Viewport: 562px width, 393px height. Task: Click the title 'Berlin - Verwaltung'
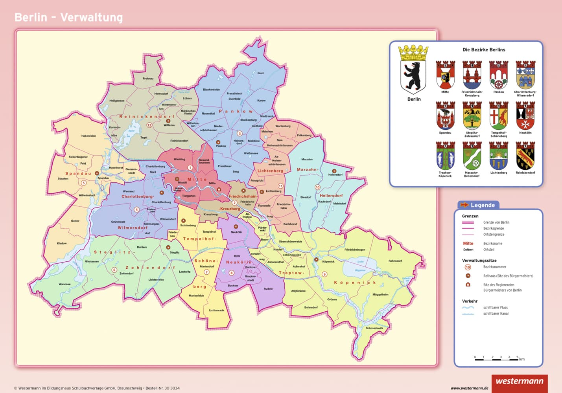point(68,18)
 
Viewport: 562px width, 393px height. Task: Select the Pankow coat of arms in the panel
point(498,75)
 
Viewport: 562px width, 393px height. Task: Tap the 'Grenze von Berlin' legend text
point(496,222)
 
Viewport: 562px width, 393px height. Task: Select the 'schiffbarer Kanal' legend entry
point(495,314)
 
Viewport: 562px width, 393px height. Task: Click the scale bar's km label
point(521,359)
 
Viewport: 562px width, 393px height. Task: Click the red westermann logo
point(519,382)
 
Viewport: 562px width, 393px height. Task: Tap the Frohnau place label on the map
point(148,79)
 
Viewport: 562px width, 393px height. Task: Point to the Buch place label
point(261,73)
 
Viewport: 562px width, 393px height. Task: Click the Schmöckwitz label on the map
point(374,328)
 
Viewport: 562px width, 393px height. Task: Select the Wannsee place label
point(64,284)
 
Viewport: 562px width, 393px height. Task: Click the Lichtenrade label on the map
point(216,310)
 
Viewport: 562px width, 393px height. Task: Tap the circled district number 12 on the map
point(149,125)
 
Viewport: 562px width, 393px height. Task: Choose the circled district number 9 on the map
point(324,274)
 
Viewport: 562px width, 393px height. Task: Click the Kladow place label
point(62,243)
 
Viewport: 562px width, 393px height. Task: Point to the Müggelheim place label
point(380,294)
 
